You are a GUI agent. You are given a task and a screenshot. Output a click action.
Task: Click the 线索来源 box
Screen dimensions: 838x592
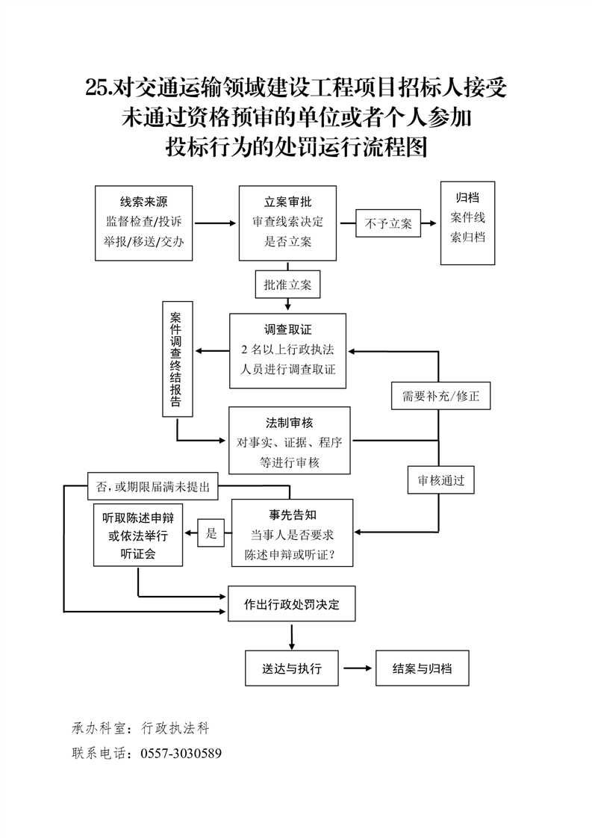pos(144,223)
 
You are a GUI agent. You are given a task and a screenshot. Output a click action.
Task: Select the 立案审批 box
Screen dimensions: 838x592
pos(287,223)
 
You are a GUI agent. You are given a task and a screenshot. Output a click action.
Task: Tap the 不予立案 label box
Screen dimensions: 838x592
pos(388,223)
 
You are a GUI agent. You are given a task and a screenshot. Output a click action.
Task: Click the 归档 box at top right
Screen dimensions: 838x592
pos(467,223)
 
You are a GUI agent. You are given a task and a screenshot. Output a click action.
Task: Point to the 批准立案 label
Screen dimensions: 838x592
pos(287,285)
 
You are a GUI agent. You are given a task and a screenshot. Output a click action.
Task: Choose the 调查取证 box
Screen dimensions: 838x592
pos(287,350)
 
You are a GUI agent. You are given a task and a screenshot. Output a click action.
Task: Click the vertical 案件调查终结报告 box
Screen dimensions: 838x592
pos(177,359)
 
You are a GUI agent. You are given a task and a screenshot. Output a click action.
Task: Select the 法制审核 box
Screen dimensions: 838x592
pos(289,441)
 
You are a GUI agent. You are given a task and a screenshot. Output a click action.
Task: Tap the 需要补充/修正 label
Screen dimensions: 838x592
pos(440,397)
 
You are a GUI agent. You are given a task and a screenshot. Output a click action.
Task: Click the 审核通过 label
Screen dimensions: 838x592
pos(440,481)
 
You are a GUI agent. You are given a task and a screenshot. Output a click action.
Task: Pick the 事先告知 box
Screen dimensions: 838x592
pos(293,533)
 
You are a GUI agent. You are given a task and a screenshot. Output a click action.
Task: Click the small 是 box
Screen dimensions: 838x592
pos(211,533)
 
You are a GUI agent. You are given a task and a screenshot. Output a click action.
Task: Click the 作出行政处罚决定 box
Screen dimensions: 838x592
pos(291,604)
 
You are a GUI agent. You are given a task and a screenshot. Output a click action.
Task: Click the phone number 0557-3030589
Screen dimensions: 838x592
pos(181,753)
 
